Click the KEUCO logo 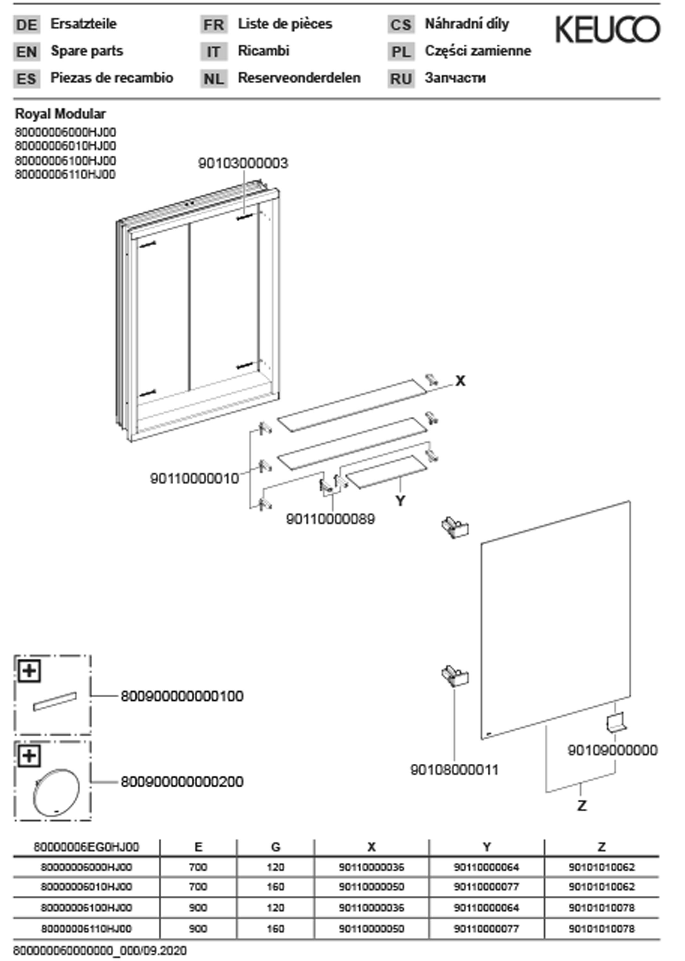607,29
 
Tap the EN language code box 27,52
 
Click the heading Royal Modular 60,114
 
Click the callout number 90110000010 194,479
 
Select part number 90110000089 330,519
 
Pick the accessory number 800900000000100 182,696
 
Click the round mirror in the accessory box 56,793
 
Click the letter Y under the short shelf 400,501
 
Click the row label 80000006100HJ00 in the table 87,908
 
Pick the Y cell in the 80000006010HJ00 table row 486,887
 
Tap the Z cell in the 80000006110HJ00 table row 601,929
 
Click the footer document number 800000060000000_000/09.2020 100,951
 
